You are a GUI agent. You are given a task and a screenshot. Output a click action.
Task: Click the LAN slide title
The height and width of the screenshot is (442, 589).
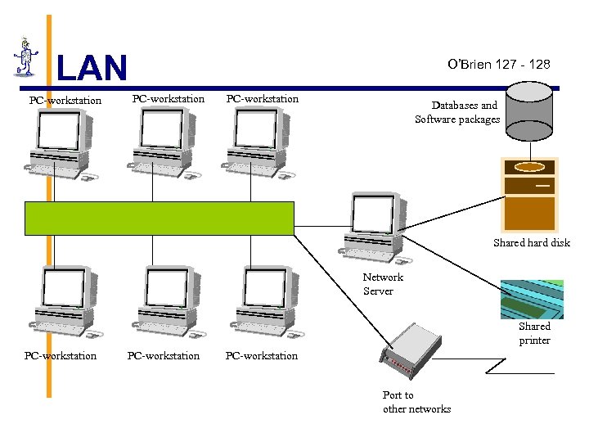[x=92, y=69]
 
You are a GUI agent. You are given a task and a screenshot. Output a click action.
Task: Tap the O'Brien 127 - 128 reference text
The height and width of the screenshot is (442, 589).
[x=499, y=64]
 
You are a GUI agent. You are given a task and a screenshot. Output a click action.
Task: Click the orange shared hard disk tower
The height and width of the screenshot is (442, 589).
[x=529, y=194]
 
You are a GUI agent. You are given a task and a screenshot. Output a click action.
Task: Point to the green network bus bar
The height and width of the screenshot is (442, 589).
[x=159, y=218]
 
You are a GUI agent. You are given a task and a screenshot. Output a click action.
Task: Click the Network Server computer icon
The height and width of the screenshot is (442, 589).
[x=375, y=226]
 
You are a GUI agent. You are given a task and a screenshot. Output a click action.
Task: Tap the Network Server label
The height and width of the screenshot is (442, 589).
[x=383, y=284]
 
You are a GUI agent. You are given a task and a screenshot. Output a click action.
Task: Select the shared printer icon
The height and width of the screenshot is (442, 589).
[x=533, y=299]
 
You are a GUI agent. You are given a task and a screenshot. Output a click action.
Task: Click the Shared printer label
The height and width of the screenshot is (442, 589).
[x=534, y=333]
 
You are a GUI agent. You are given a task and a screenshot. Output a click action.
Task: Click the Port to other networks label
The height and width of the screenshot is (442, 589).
[x=416, y=402]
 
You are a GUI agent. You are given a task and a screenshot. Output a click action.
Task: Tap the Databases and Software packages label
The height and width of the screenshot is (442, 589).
[x=457, y=112]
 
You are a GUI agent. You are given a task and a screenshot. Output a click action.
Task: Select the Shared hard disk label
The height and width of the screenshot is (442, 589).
[x=531, y=243]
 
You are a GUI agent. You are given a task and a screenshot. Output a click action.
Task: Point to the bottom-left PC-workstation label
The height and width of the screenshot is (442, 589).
[x=61, y=356]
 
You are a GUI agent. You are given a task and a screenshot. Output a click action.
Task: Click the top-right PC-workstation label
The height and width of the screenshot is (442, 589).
[x=263, y=99]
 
